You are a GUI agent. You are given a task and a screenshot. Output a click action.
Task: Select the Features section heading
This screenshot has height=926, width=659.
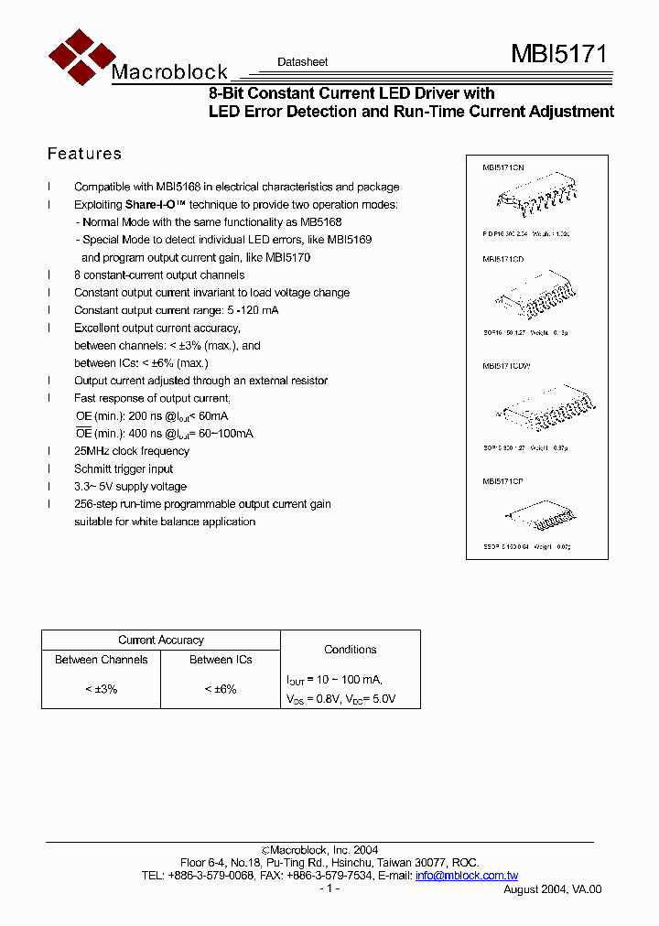coord(84,154)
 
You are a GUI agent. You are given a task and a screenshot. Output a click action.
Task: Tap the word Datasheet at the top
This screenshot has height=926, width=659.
coord(302,62)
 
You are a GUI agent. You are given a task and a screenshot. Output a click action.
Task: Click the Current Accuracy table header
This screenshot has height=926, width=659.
coord(161,641)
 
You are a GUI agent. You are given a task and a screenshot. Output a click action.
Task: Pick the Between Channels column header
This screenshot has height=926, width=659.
coord(101,660)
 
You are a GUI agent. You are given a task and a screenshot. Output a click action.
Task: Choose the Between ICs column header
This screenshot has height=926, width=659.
coord(221,660)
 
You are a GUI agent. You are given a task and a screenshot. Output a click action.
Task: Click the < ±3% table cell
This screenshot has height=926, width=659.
coord(101,689)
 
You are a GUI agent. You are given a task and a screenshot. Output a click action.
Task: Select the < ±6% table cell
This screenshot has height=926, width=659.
coord(221,689)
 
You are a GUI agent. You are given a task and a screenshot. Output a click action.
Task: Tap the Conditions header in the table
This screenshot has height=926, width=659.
coord(351,650)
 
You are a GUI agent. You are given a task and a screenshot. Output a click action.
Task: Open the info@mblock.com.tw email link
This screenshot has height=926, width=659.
coord(466,876)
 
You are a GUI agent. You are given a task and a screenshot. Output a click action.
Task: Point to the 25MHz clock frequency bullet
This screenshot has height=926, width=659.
coord(132,451)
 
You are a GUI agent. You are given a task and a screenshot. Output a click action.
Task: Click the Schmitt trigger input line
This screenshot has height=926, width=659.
coord(124,469)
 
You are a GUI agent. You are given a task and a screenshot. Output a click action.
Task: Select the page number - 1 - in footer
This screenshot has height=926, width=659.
coord(329,888)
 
